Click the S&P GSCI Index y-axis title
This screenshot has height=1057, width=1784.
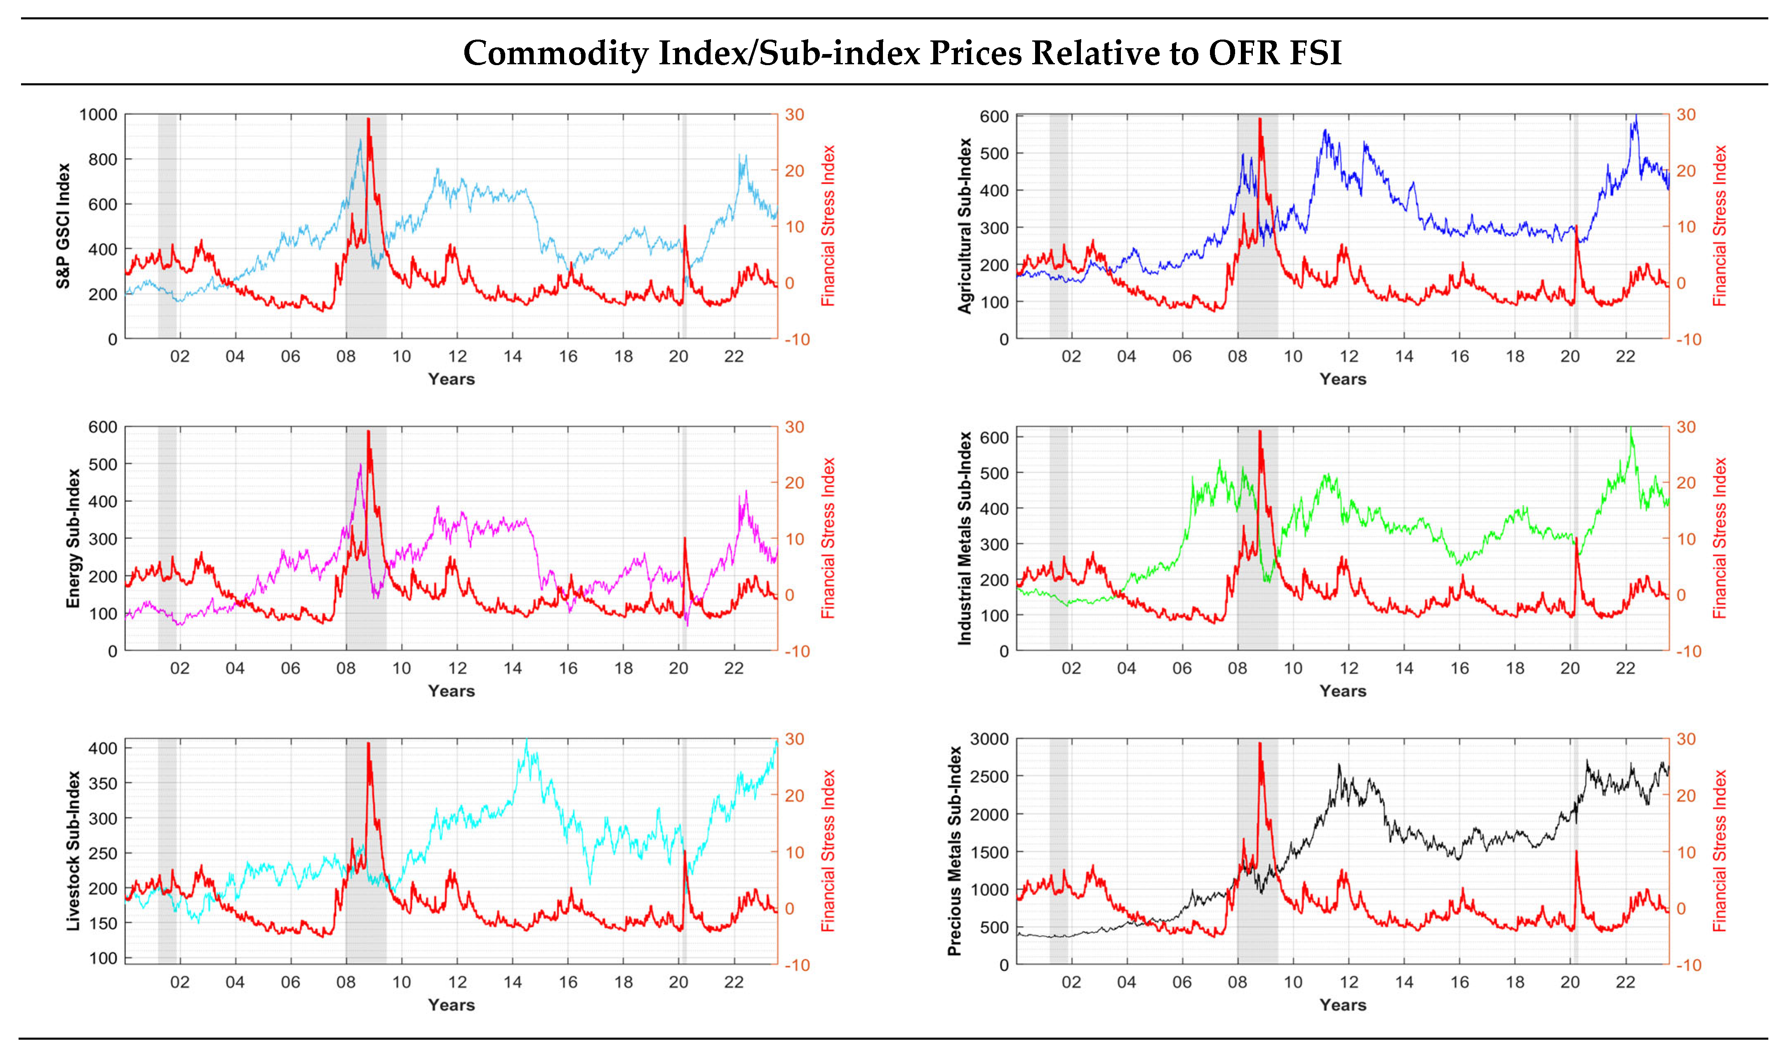[64, 226]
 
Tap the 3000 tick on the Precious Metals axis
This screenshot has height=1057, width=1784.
[990, 739]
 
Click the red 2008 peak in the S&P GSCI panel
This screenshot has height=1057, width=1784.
[368, 120]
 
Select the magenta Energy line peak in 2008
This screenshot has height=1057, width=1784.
[360, 465]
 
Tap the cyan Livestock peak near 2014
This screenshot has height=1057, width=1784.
[527, 741]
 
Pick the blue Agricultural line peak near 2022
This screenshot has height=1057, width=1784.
[1636, 116]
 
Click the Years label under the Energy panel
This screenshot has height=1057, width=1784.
[451, 691]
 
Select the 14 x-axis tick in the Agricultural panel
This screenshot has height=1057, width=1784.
[1403, 356]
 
